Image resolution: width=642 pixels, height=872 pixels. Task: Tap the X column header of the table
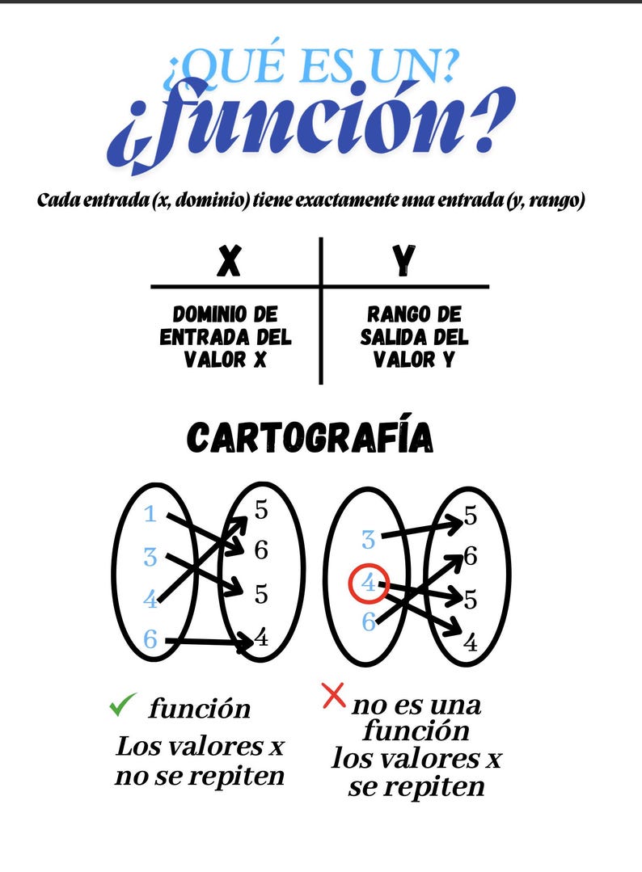pos(230,261)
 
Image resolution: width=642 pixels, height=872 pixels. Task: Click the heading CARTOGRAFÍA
pos(310,438)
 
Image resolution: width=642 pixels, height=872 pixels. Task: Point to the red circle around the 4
pos(370,583)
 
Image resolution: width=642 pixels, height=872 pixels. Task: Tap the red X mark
pos(332,695)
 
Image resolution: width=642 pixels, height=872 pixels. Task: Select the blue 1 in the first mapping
pos(150,514)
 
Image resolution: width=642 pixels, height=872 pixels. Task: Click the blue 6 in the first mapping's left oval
pos(150,639)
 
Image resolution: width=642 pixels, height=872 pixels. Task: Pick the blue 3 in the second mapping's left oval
pos(368,540)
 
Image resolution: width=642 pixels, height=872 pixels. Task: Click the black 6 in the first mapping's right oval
pos(260,550)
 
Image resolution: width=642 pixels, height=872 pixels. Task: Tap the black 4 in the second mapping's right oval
pos(471,643)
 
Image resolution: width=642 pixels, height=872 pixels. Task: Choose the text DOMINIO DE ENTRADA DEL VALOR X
pos(226,336)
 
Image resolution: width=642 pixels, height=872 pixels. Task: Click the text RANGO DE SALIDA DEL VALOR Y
pos(414,336)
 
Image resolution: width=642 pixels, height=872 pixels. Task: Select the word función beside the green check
pos(199,709)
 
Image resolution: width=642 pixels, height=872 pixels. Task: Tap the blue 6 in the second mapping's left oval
pos(369,621)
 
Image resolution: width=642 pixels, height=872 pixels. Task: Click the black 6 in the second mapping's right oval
pos(471,556)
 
